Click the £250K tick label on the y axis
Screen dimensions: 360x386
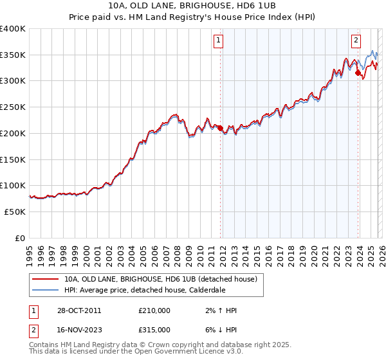point(12,107)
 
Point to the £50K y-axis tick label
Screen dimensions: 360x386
point(15,212)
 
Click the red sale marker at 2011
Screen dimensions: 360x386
point(220,128)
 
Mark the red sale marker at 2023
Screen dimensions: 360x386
point(358,73)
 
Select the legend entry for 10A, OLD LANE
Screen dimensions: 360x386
point(161,279)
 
